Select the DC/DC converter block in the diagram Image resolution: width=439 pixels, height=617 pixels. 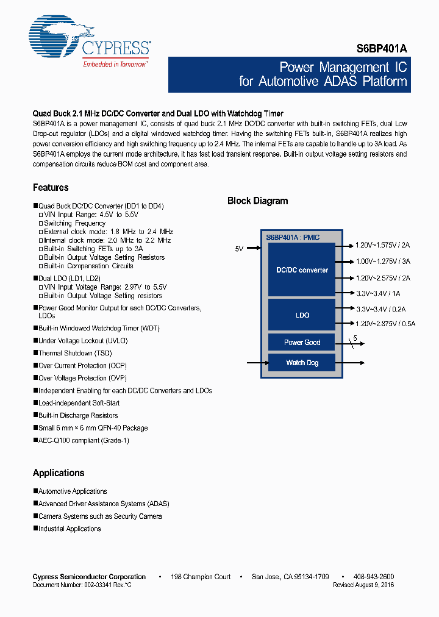click(x=302, y=270)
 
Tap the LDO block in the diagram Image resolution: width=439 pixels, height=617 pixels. click(x=302, y=315)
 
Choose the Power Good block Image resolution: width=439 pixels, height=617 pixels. click(x=302, y=342)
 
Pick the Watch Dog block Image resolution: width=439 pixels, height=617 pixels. click(x=302, y=363)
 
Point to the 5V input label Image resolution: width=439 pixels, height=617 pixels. click(x=239, y=249)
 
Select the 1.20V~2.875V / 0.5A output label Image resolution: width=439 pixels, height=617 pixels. click(x=385, y=324)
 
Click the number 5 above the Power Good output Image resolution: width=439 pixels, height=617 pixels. click(x=354, y=338)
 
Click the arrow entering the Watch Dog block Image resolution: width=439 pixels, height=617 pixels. click(x=256, y=363)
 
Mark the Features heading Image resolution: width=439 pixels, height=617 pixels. click(x=51, y=188)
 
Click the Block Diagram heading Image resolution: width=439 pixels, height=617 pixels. click(x=257, y=201)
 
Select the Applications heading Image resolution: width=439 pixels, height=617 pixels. click(x=59, y=473)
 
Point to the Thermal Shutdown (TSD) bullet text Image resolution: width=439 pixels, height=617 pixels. click(x=74, y=353)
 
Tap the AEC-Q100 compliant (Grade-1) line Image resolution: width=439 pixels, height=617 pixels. click(x=84, y=440)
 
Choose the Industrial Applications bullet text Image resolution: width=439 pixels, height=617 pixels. click(x=70, y=529)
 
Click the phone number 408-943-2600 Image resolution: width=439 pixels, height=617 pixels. click(x=373, y=577)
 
